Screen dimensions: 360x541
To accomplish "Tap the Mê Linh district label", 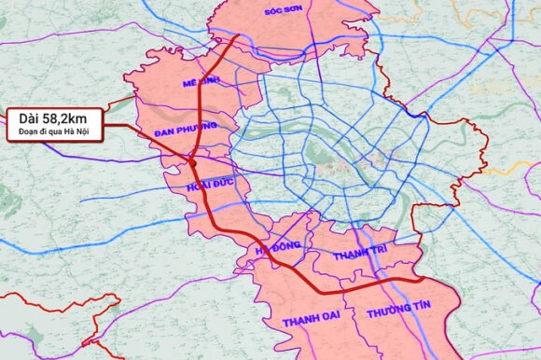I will (201, 83).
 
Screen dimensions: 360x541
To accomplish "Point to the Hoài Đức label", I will (209, 187).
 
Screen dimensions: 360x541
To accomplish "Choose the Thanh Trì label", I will (358, 255).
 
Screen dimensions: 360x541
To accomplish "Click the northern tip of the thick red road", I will (239, 36).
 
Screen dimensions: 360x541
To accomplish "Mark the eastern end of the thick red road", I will (424, 279).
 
